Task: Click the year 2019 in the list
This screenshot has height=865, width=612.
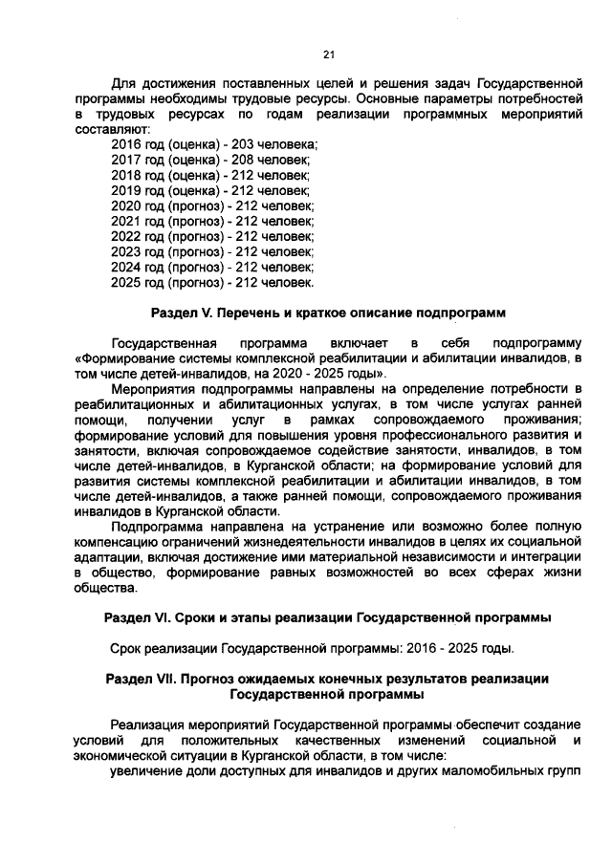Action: point(126,190)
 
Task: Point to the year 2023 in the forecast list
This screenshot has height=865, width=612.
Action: point(126,251)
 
